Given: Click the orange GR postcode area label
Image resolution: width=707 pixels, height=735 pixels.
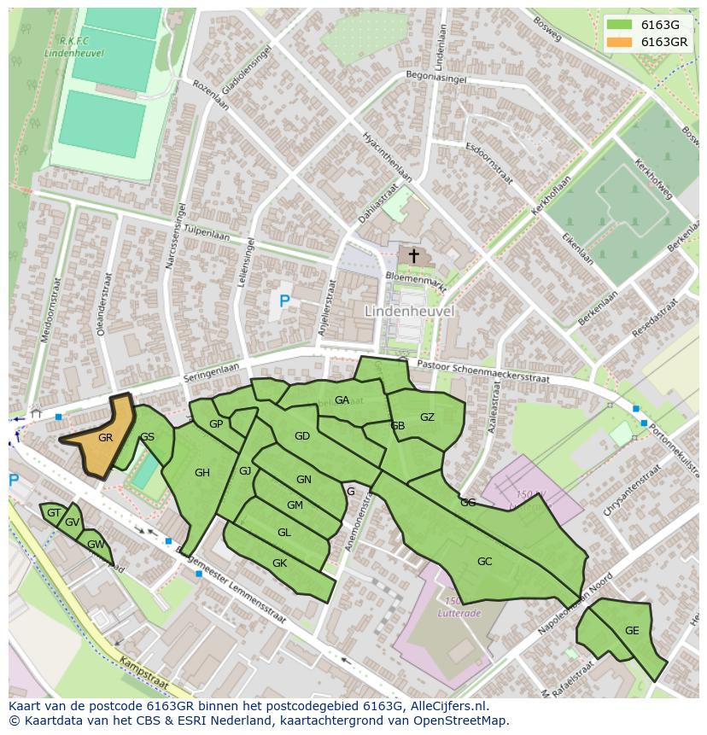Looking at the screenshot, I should pyautogui.click(x=105, y=437).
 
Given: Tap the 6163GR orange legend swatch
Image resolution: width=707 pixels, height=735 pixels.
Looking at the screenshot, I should pyautogui.click(x=620, y=42).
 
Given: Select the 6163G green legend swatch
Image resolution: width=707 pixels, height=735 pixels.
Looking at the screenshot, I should pyautogui.click(x=620, y=25).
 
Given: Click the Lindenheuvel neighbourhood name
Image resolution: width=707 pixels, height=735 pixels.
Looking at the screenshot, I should pyautogui.click(x=409, y=312).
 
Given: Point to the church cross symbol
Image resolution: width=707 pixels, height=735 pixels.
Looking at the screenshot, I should pyautogui.click(x=414, y=255).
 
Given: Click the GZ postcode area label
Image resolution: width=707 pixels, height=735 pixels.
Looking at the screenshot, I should pyautogui.click(x=427, y=417).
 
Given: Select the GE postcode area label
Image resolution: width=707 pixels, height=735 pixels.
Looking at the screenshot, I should pyautogui.click(x=631, y=631).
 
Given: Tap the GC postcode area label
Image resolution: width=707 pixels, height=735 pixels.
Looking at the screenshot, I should pyautogui.click(x=484, y=561).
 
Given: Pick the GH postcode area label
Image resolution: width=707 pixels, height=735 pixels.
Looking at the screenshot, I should pyautogui.click(x=202, y=473).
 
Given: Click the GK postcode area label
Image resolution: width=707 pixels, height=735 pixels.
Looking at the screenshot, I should pyautogui.click(x=279, y=563).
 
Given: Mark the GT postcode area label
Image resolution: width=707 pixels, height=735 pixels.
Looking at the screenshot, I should pyautogui.click(x=54, y=513).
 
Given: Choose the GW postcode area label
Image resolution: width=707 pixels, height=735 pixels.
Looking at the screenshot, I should pyautogui.click(x=95, y=545).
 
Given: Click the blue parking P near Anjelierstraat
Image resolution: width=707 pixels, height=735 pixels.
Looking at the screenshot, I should pyautogui.click(x=284, y=300).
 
